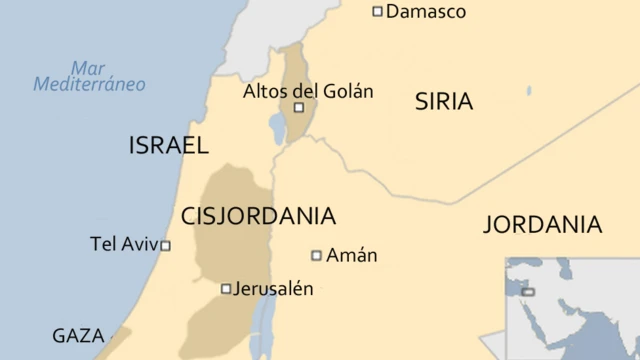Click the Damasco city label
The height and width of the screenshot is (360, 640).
pos(425,12)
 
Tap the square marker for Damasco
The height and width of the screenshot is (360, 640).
pos(377,12)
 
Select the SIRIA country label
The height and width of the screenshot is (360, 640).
pos(444,101)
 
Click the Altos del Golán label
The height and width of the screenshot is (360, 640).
pos(308,91)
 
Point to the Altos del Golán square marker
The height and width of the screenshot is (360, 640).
pos(298,107)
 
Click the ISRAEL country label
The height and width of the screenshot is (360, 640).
pos(168,146)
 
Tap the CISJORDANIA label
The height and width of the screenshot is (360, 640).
pos(258,216)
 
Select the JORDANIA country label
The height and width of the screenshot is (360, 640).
pos(542,224)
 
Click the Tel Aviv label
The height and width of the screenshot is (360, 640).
pos(124,244)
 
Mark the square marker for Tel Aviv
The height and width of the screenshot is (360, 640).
pos(166,245)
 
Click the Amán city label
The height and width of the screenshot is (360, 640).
pos(352,255)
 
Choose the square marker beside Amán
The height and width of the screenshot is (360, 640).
pos(316,255)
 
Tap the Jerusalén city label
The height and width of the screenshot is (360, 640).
pos(273,289)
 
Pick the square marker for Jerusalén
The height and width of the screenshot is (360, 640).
pos(226,289)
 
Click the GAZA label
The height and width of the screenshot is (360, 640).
pos(78,336)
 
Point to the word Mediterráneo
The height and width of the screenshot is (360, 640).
pos(89,85)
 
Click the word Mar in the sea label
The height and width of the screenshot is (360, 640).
pos(88,67)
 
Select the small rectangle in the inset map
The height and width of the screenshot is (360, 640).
pos(528,292)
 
